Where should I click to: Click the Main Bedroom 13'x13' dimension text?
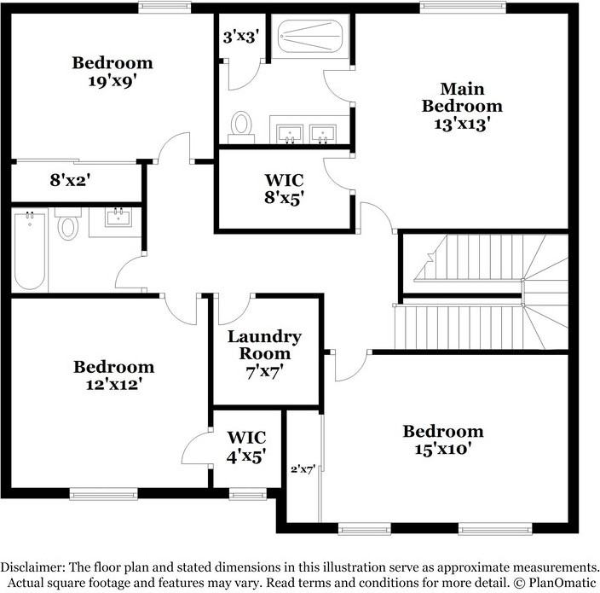(462, 125)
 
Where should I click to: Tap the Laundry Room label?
(264, 346)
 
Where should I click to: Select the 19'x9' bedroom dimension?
(112, 81)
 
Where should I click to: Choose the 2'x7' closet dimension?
(303, 469)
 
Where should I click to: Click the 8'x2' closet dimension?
(70, 180)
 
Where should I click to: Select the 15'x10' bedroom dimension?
(442, 449)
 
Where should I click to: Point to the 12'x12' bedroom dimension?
(113, 384)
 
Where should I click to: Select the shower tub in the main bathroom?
(310, 37)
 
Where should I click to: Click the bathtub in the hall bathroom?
(30, 251)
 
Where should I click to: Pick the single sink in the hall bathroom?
(118, 218)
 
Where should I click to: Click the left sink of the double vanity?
(290, 134)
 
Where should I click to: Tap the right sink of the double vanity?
(323, 134)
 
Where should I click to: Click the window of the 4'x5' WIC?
(248, 494)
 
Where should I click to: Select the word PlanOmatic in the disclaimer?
(562, 583)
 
